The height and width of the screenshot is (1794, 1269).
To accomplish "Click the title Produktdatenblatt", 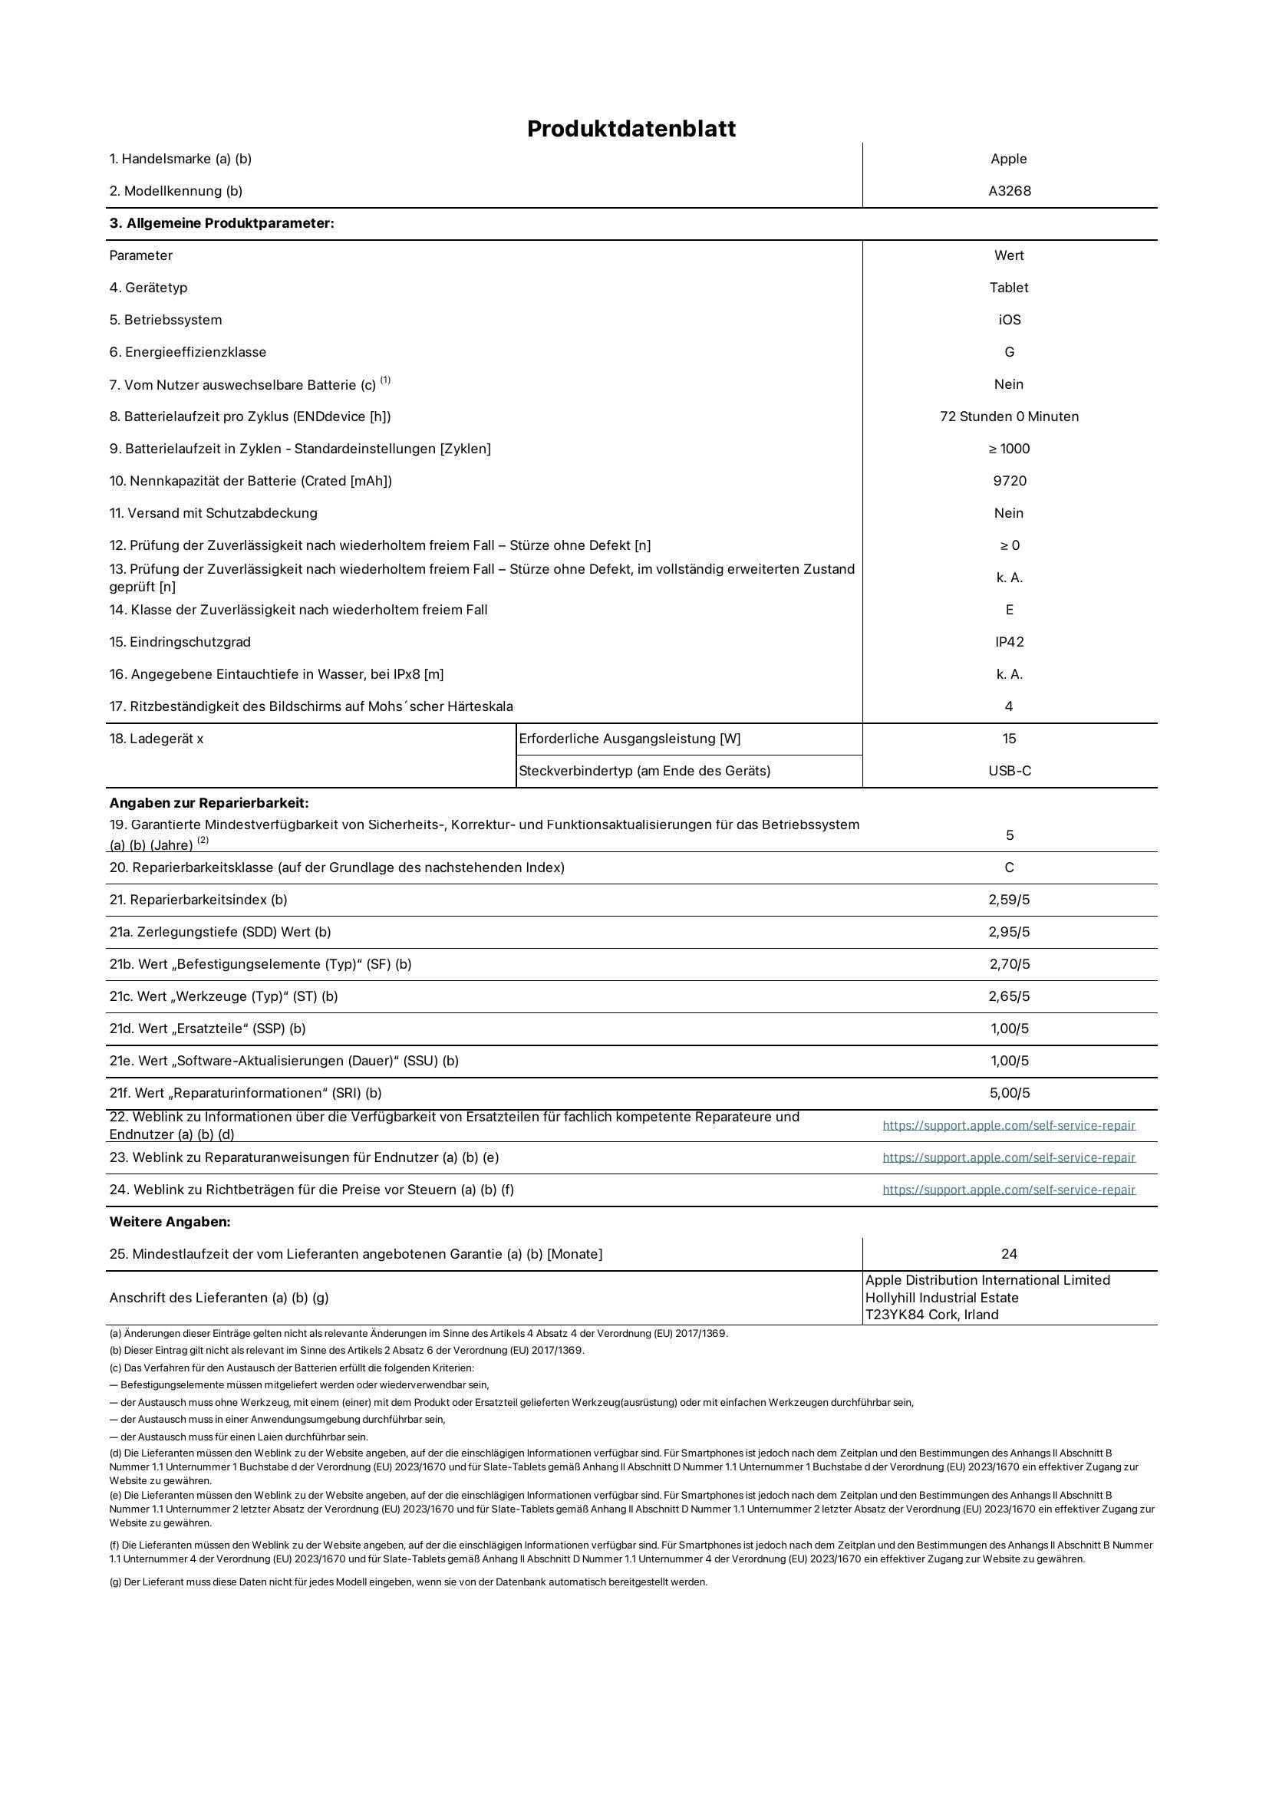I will pyautogui.click(x=631, y=129).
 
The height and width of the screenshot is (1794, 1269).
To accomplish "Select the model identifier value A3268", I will pyautogui.click(x=1010, y=191).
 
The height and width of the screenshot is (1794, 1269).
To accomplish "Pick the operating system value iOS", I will pyautogui.click(x=1010, y=320).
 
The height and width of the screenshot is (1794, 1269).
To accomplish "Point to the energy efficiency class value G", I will pyautogui.click(x=1010, y=351).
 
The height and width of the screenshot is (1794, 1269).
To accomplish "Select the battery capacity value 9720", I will pyautogui.click(x=1010, y=481).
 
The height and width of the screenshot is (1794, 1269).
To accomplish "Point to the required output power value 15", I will pyautogui.click(x=1010, y=739).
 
